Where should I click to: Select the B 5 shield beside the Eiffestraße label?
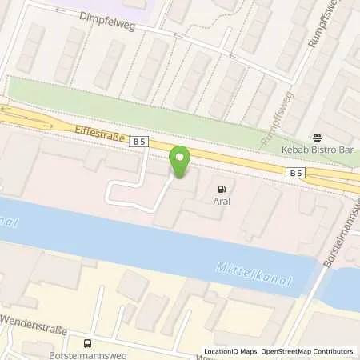click(140, 142)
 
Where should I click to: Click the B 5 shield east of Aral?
click(296, 172)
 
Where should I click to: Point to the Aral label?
click(222, 202)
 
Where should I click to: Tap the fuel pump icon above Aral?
click(222, 189)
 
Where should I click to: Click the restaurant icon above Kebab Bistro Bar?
click(317, 137)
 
